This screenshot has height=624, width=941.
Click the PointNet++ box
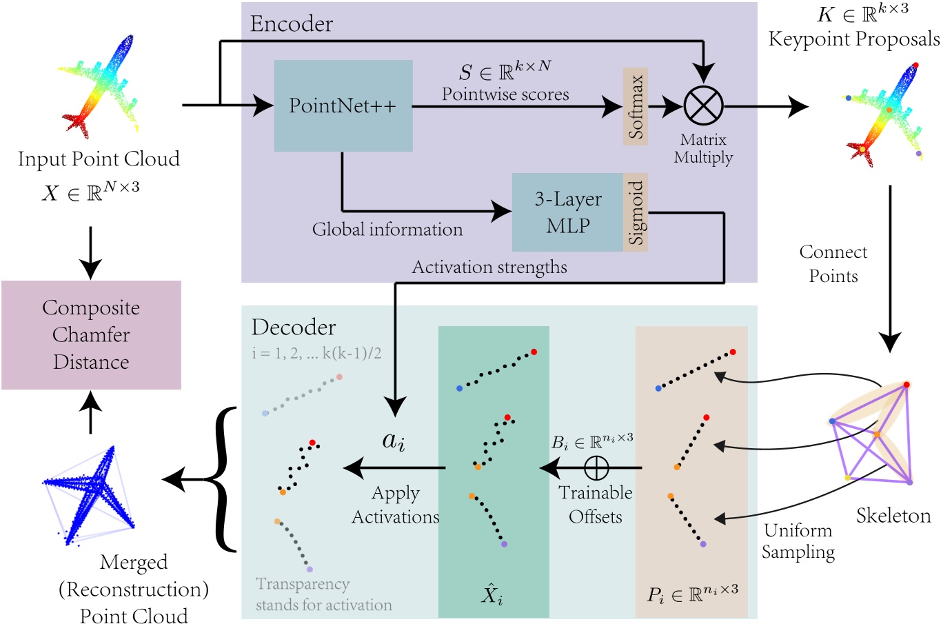343,105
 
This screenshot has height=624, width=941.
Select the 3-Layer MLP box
567,212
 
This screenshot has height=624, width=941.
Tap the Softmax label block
635,105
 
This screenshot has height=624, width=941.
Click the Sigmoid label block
635,212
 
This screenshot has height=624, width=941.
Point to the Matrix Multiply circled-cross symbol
703,107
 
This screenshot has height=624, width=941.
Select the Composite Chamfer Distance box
91,335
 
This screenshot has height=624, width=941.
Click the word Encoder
291,24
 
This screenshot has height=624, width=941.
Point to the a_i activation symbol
394,441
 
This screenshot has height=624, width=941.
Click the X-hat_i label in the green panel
492,592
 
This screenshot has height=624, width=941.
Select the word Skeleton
893,515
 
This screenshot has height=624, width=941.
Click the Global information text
387,230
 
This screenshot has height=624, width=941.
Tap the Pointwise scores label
505,94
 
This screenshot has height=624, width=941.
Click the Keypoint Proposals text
854,39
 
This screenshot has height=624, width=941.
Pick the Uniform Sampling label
798,541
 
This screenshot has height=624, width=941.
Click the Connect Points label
833,264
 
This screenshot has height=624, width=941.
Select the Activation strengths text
489,268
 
